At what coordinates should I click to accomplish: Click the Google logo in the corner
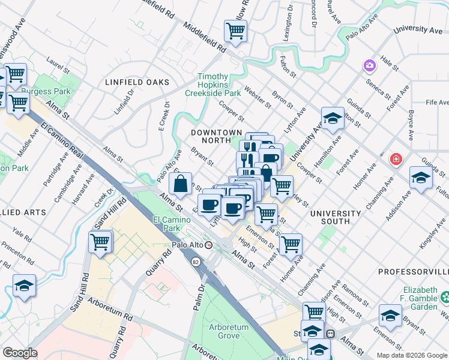tap(20, 353)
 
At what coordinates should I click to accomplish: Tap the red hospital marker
tap(396, 159)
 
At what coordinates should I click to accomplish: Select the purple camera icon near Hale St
tap(369, 65)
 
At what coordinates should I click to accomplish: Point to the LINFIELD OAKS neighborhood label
tap(137, 82)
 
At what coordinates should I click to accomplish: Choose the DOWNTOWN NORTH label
tap(216, 136)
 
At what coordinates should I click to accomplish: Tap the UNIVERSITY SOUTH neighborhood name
tap(336, 217)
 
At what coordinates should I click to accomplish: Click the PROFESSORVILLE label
tap(414, 272)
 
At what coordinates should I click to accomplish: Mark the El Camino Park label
tap(167, 224)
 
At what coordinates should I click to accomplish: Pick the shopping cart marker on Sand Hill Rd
tap(100, 242)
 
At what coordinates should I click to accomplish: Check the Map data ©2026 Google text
tap(411, 355)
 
